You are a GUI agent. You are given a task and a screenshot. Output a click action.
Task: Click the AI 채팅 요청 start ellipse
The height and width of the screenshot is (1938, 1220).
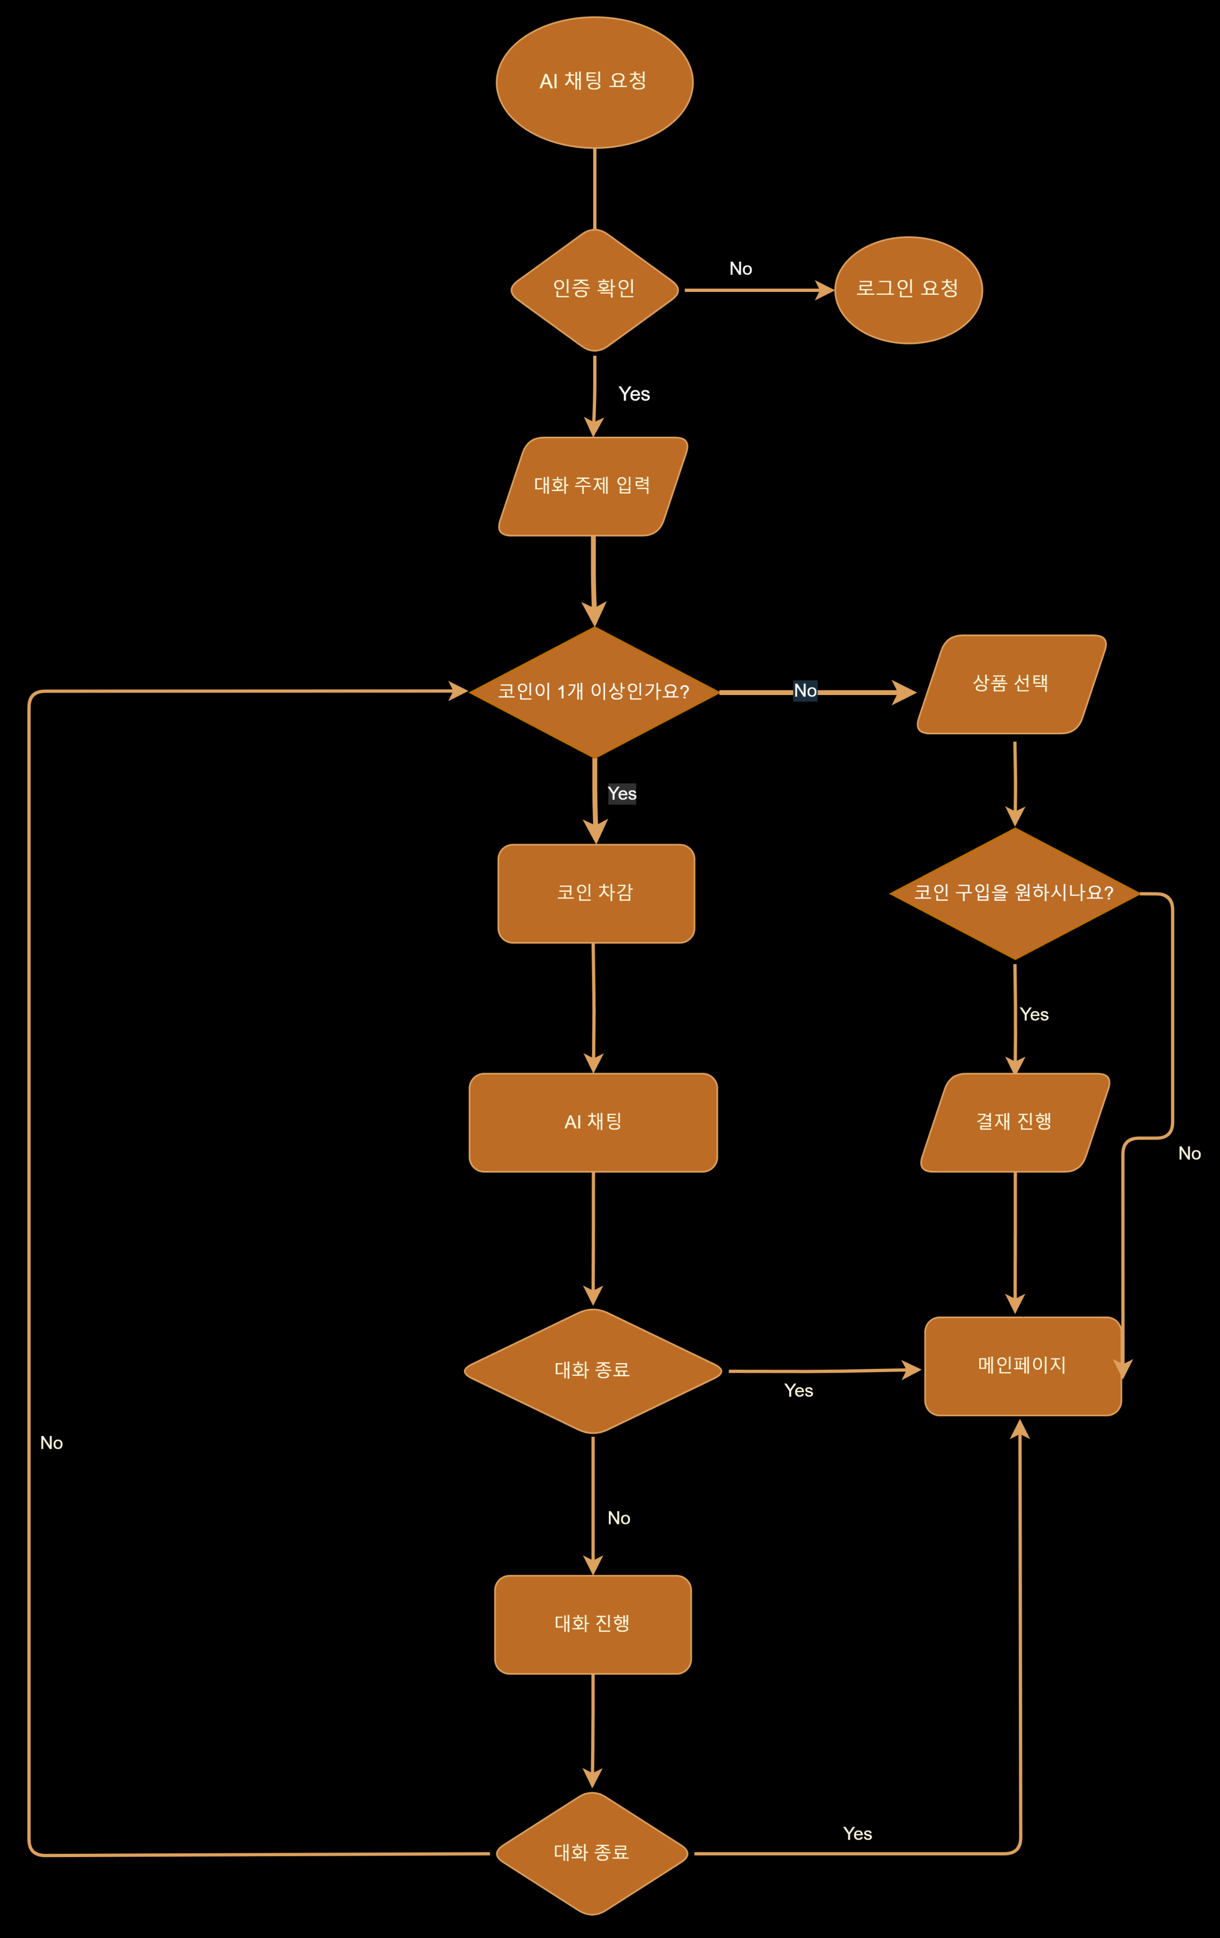[594, 82]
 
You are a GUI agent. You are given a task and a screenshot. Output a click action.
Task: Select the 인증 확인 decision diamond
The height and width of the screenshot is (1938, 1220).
[594, 290]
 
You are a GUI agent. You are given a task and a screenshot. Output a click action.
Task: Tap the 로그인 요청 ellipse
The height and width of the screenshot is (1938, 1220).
[908, 290]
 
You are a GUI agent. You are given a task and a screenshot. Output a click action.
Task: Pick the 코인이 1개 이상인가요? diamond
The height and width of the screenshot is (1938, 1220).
[594, 691]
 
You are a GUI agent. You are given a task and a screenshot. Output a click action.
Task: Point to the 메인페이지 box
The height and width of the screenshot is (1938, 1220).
[1022, 1366]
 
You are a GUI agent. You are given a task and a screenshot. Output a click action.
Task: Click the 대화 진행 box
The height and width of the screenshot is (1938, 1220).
[592, 1624]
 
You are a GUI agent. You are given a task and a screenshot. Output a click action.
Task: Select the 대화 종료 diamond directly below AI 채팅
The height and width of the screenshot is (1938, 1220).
[592, 1371]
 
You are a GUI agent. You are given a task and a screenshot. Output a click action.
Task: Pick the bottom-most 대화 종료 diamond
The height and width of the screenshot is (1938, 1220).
[592, 1853]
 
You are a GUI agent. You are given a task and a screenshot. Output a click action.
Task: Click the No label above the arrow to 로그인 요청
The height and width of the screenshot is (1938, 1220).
[740, 269]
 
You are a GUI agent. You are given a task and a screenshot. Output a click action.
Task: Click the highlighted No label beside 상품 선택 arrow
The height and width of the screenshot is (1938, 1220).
[805, 691]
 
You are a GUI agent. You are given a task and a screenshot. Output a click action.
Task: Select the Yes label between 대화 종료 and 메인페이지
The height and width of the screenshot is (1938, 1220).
[798, 1391]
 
